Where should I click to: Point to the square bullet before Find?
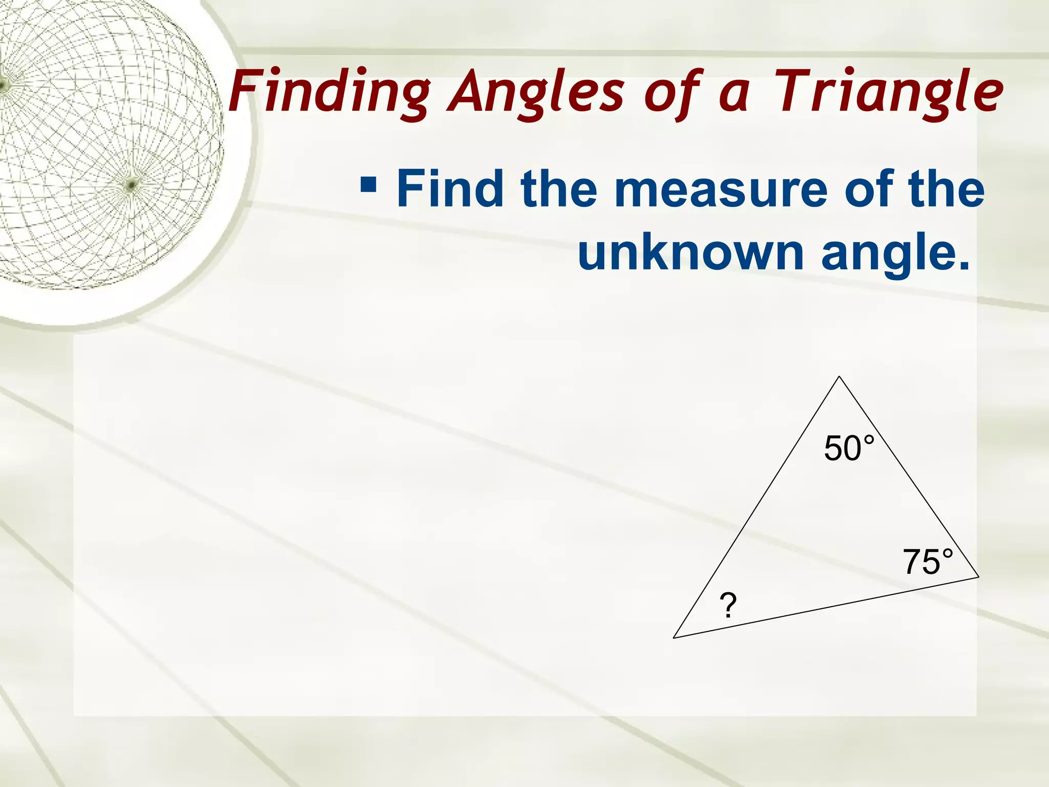[368, 183]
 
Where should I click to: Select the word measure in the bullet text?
[724, 190]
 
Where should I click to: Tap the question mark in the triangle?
[728, 605]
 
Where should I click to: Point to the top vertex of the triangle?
[839, 377]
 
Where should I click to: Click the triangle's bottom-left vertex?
[674, 638]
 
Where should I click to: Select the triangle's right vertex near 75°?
[978, 577]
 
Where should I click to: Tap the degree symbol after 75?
[948, 553]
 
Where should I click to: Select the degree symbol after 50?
[869, 440]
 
